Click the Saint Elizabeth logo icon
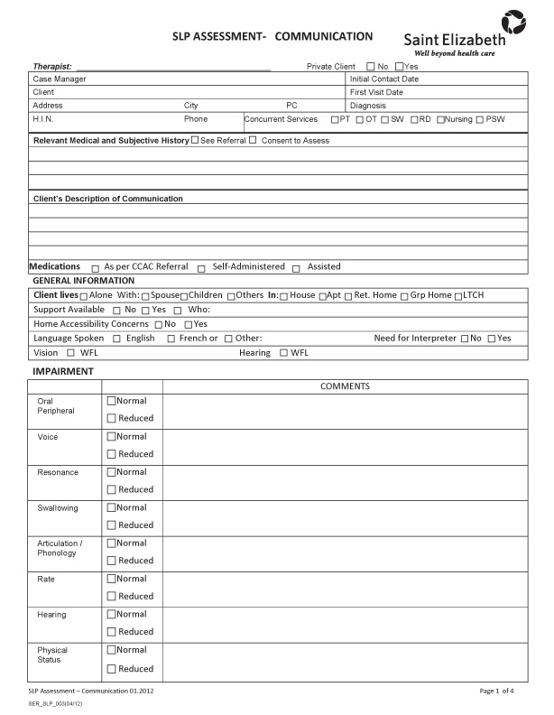point(512,20)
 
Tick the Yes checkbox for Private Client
point(400,66)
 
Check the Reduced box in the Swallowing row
point(112,525)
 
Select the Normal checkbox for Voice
point(112,437)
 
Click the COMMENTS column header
point(345,386)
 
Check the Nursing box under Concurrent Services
point(440,119)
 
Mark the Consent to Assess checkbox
point(253,140)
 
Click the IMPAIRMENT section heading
point(63,371)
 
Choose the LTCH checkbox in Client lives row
point(458,296)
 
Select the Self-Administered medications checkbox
point(202,268)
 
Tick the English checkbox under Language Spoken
point(116,339)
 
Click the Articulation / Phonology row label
point(60,548)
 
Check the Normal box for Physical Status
point(112,650)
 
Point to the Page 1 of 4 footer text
point(496,691)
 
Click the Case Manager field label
point(60,79)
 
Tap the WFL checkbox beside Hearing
point(283,353)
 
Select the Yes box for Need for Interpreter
point(492,339)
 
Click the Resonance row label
point(58,473)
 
